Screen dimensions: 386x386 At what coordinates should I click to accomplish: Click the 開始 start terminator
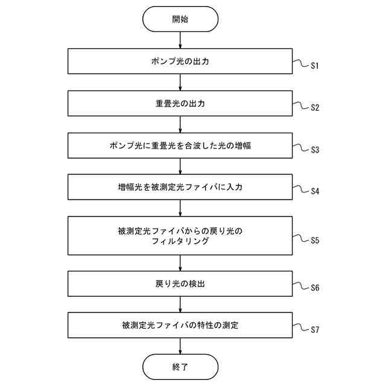(x=180, y=19)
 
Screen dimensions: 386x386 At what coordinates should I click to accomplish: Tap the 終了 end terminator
(x=180, y=366)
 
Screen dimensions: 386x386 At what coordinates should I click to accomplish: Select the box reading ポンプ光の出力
(x=180, y=62)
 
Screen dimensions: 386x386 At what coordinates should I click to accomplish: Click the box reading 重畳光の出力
(x=180, y=103)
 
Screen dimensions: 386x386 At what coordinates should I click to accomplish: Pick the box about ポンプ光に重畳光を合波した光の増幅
(x=180, y=145)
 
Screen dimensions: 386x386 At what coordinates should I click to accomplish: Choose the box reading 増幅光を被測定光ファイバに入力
(x=180, y=187)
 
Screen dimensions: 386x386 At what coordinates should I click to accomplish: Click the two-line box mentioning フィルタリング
(x=180, y=236)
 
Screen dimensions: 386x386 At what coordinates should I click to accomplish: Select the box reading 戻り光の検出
(x=180, y=283)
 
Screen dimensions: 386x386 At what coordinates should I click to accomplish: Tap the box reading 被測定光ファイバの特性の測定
(x=180, y=325)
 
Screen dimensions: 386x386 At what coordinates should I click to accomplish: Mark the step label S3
(x=314, y=150)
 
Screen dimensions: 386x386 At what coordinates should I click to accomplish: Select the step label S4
(x=314, y=192)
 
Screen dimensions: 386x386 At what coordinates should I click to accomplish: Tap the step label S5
(x=314, y=241)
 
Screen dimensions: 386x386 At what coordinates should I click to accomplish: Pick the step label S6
(x=314, y=288)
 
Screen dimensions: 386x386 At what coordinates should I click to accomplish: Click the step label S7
(x=314, y=331)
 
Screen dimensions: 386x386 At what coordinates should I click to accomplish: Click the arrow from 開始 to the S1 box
(x=180, y=40)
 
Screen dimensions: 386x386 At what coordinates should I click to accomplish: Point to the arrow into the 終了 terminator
(x=180, y=346)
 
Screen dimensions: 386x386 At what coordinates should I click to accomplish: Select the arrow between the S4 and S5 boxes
(x=180, y=208)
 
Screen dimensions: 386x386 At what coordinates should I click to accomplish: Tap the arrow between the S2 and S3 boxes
(x=180, y=124)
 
